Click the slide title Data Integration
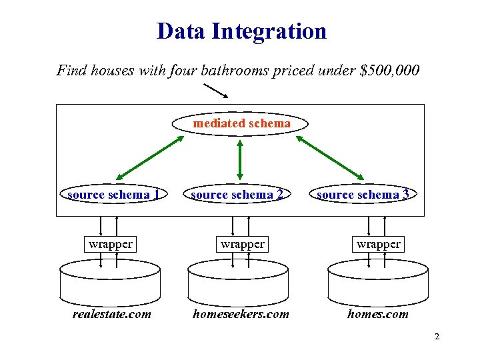click(241, 31)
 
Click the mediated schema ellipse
click(241, 123)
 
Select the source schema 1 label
click(113, 195)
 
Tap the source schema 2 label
click(237, 195)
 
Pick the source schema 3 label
click(363, 195)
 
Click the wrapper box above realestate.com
click(111, 244)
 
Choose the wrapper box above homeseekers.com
click(243, 244)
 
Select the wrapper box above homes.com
click(379, 244)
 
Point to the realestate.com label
click(112, 314)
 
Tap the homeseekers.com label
click(241, 314)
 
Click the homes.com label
click(378, 314)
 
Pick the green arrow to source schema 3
click(330, 158)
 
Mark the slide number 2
click(437, 337)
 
